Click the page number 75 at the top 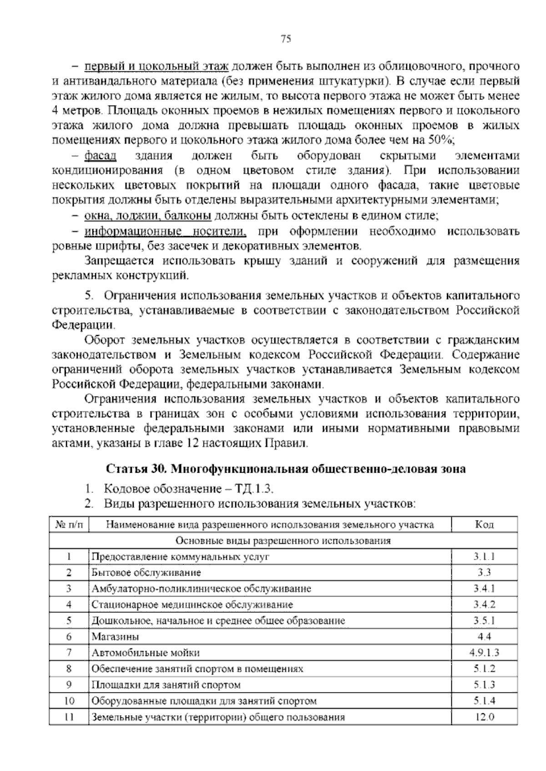286,39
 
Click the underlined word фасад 101,156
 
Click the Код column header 484,525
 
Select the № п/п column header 69,525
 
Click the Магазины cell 116,637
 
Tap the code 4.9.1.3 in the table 484,653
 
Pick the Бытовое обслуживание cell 146,573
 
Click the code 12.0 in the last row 484,717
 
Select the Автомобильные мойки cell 146,653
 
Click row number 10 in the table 69,701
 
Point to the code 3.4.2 484,605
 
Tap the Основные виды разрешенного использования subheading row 283,541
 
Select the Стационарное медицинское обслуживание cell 192,605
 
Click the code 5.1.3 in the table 484,685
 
